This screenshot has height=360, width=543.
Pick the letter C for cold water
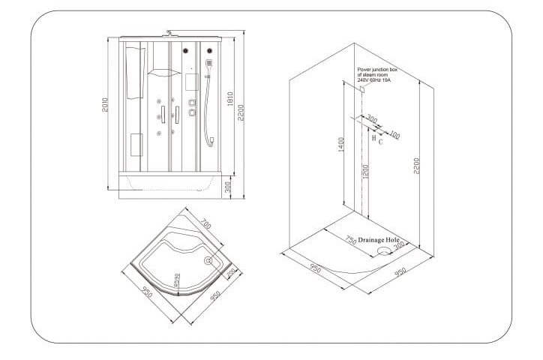(381, 140)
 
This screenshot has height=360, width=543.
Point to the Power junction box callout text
(380, 74)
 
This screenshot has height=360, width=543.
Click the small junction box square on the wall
(361, 89)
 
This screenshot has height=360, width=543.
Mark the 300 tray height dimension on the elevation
(229, 187)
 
